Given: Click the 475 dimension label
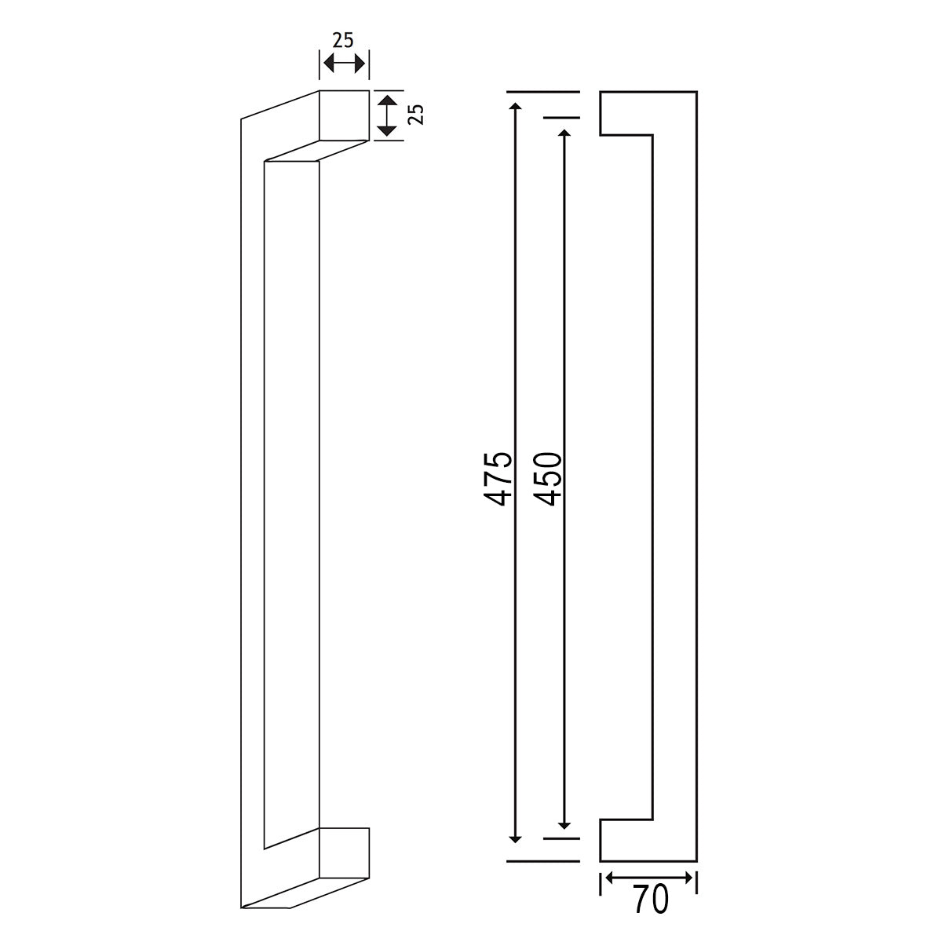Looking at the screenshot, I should [x=499, y=478].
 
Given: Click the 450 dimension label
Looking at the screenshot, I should [x=548, y=478].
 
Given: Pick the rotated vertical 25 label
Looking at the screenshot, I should [x=418, y=115].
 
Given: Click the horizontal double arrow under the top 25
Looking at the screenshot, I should [x=344, y=64].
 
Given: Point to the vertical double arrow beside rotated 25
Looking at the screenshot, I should [x=385, y=115].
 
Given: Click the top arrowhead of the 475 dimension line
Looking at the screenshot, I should [x=515, y=108].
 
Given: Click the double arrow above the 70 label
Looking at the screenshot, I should [x=648, y=877].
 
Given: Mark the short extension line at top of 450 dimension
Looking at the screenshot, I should [x=560, y=119].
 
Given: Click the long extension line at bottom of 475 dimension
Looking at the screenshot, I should [x=542, y=861].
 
